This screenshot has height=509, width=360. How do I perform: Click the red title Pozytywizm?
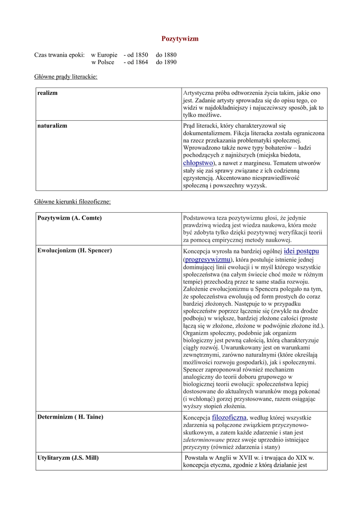(180, 39)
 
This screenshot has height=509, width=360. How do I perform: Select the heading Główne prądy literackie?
(66, 77)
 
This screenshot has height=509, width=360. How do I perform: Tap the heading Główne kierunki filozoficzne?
(72, 202)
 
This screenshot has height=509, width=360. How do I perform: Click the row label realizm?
(48, 93)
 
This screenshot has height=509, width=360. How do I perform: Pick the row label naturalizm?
(52, 126)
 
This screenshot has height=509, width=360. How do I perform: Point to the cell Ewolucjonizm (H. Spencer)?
(75, 251)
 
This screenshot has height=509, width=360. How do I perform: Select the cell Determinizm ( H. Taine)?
(71, 417)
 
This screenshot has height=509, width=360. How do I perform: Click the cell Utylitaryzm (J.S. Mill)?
(68, 457)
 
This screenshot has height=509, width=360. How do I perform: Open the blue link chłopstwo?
(198, 163)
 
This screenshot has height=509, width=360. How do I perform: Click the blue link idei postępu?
(301, 251)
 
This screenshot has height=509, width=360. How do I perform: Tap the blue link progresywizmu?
(207, 259)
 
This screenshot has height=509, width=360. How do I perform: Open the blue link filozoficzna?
(229, 417)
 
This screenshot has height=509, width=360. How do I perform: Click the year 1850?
(141, 55)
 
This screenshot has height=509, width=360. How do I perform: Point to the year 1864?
(141, 62)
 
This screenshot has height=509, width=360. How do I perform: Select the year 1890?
(170, 62)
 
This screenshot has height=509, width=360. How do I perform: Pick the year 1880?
(170, 55)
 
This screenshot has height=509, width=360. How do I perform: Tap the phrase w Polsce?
(102, 62)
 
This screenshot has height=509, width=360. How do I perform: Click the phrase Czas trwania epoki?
(59, 55)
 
